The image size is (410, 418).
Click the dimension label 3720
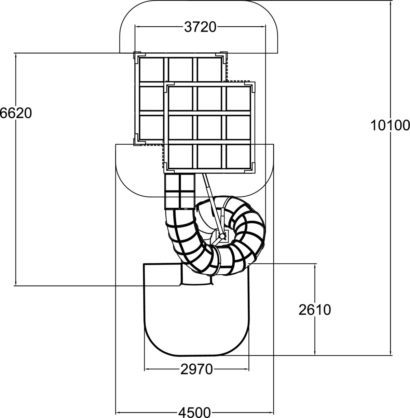pyautogui.click(x=200, y=27)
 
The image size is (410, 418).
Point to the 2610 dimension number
pyautogui.click(x=315, y=310)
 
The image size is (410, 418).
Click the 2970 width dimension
pyautogui.click(x=196, y=369)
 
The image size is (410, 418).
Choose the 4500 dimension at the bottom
pyautogui.click(x=194, y=412)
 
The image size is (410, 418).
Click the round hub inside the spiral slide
pyautogui.click(x=222, y=236)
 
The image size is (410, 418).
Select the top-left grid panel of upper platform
pyautogui.click(x=152, y=69)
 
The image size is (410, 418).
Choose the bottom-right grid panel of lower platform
pyautogui.click(x=238, y=156)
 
